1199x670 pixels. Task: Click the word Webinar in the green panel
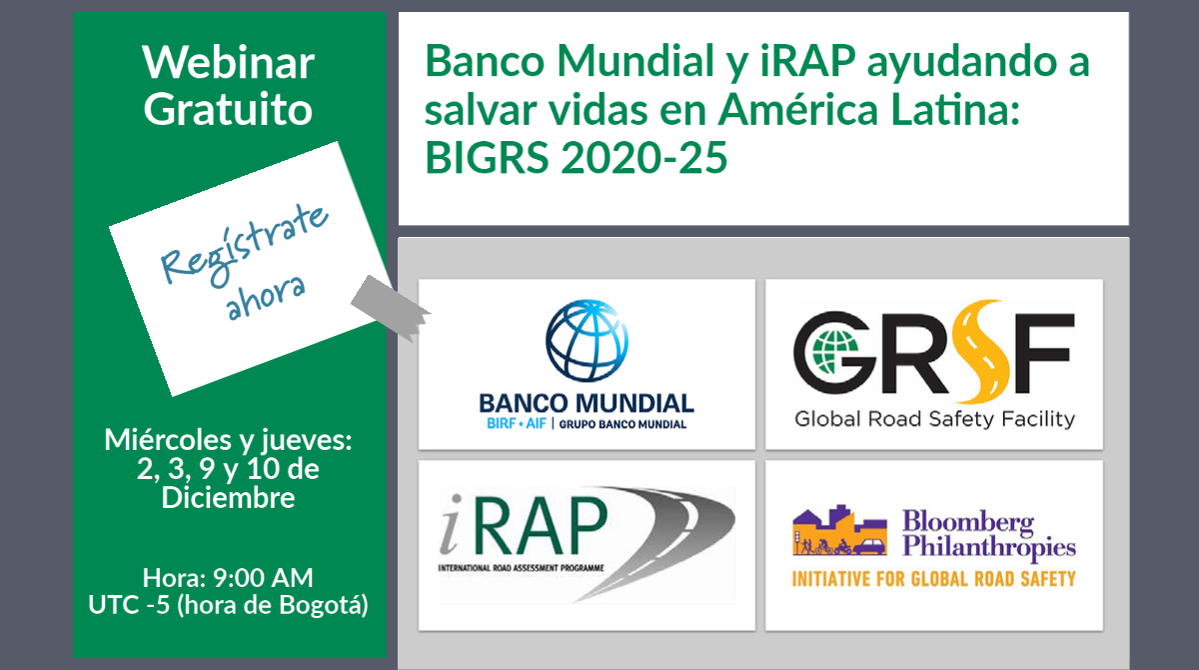point(228,63)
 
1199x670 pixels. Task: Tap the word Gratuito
point(228,110)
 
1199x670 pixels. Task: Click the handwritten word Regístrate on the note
point(244,244)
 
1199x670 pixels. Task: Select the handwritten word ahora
point(266,298)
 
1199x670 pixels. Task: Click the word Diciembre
point(228,498)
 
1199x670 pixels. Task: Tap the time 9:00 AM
point(263,577)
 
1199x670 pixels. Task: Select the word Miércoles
point(168,440)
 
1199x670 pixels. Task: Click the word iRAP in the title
point(807,61)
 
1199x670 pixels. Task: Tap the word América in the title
point(798,109)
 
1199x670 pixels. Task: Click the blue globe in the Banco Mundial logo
point(587,341)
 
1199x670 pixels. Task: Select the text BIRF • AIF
point(516,424)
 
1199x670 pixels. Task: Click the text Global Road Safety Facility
point(934,419)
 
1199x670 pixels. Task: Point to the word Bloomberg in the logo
point(968,522)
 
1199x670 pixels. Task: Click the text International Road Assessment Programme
point(521,568)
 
